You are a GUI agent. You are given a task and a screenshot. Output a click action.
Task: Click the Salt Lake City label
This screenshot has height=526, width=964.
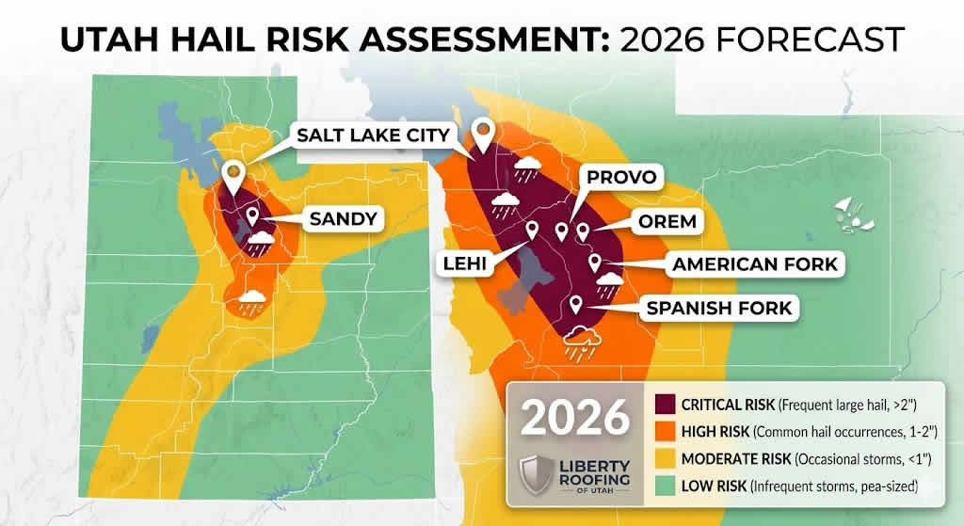coord(373,134)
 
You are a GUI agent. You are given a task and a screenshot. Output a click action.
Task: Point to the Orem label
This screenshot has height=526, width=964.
coord(663,222)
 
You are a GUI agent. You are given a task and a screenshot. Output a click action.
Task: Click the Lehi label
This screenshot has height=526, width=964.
coord(466,264)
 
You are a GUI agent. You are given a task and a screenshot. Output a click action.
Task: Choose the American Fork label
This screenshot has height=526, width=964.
coord(754,264)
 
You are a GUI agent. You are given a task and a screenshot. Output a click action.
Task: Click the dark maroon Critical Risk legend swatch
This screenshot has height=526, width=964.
coord(665,404)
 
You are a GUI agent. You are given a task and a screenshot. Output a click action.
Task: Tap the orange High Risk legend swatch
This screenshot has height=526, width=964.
coord(665,431)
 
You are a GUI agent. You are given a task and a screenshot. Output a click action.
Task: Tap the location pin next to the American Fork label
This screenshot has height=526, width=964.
coord(595,263)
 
